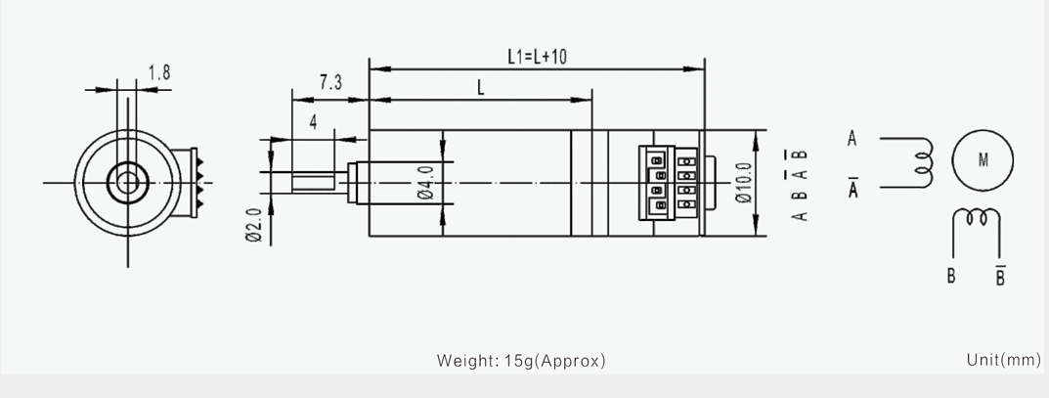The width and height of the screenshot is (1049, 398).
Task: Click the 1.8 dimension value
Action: click(158, 72)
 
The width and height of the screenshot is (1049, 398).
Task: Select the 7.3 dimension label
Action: click(330, 82)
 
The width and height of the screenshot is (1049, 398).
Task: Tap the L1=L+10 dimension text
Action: click(537, 56)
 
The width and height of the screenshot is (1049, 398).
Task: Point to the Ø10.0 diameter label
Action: click(743, 183)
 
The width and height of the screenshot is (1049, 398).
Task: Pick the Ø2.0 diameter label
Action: click(253, 226)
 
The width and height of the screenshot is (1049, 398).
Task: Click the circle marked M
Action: click(983, 160)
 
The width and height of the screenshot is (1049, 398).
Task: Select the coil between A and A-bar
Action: click(925, 162)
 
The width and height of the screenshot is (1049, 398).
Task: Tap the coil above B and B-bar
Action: click(976, 217)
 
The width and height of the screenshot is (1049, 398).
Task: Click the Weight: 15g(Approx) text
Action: click(521, 361)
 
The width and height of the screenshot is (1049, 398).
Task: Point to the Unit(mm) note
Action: click(1003, 360)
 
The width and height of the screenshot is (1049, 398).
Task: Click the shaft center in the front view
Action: click(127, 182)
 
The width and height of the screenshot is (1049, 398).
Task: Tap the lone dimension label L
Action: click(480, 88)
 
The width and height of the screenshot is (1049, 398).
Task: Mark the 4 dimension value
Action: click(313, 123)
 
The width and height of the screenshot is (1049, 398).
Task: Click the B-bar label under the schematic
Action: click(1000, 275)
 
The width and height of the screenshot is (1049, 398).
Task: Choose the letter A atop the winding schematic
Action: click(852, 139)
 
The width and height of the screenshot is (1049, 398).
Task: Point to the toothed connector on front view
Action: click(194, 182)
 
